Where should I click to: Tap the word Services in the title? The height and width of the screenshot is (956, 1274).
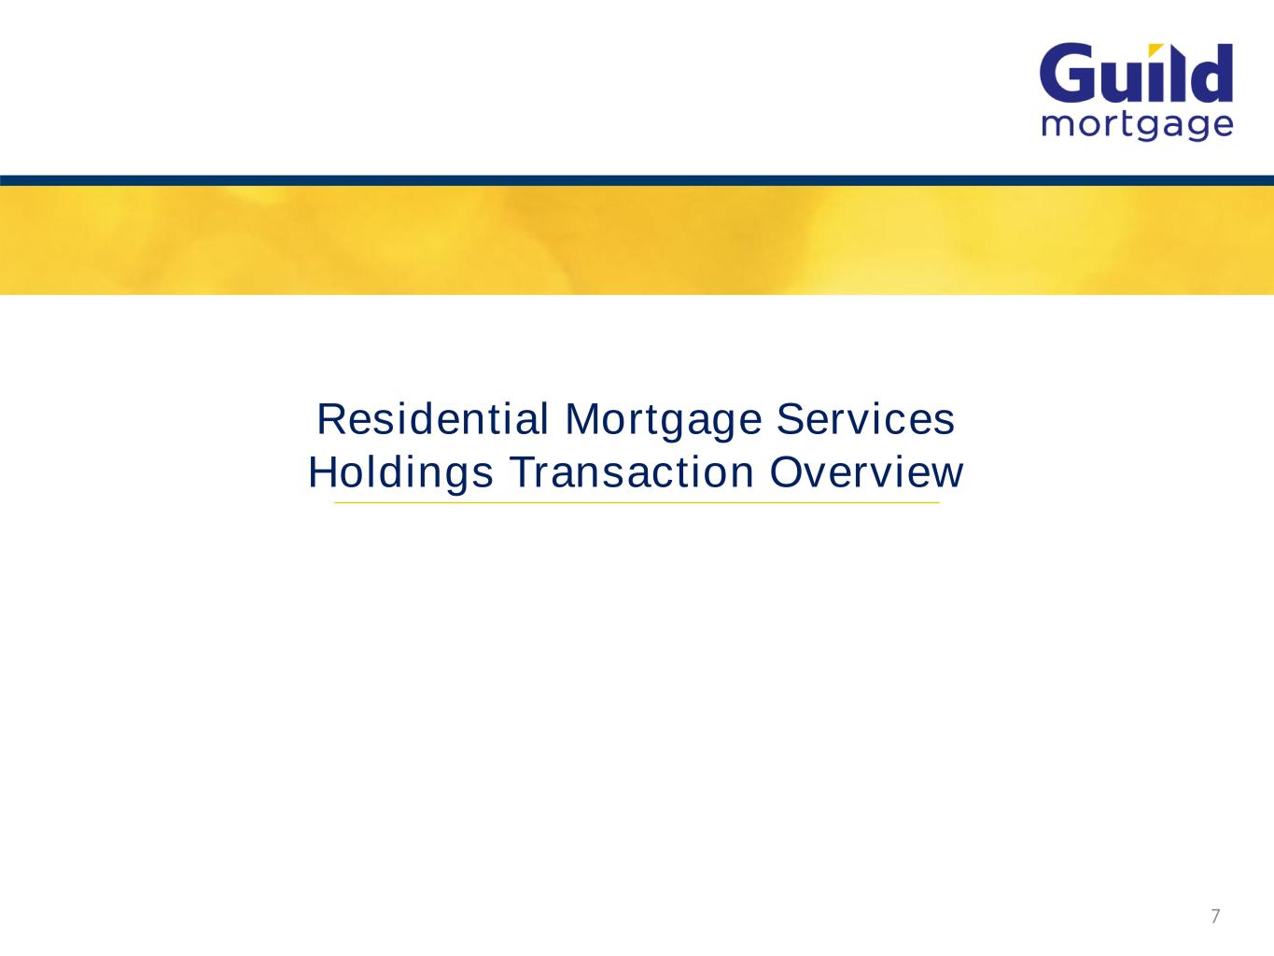(866, 419)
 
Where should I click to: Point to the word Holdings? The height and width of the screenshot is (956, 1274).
(400, 473)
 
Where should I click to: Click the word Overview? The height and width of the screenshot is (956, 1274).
(866, 472)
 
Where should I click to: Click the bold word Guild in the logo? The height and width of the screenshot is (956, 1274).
(1136, 74)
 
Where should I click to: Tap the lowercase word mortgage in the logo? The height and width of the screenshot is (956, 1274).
(1137, 125)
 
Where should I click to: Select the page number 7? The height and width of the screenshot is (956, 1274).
(1214, 916)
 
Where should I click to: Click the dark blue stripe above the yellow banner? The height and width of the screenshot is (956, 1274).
(637, 180)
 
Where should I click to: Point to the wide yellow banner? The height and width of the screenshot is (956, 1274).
(637, 240)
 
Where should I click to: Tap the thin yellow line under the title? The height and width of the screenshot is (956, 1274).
(637, 503)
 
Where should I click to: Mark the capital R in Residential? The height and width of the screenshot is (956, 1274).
(329, 419)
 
